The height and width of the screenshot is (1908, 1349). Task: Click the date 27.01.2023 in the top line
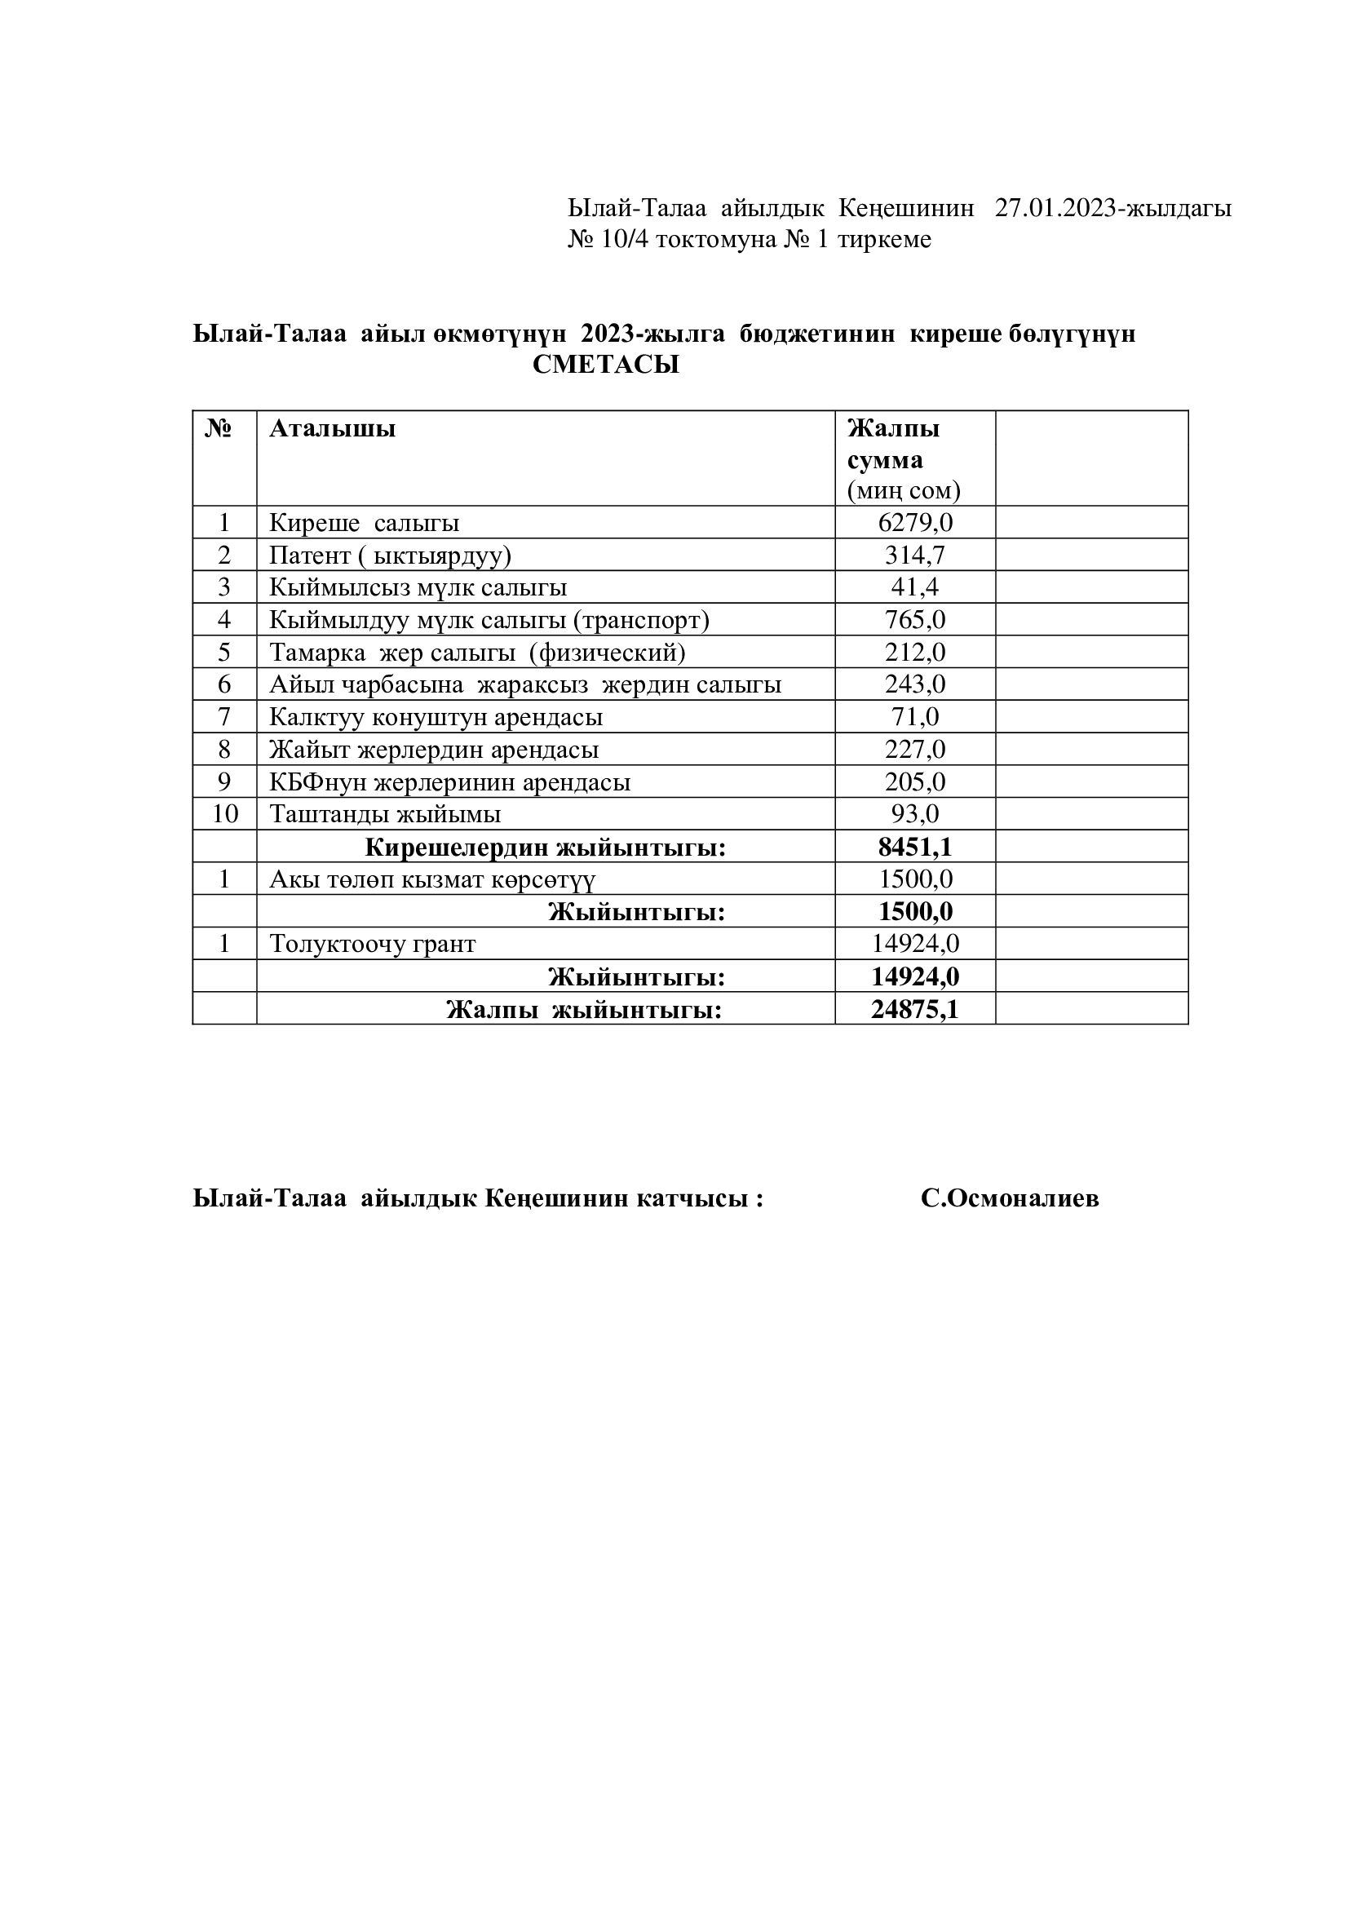click(1055, 208)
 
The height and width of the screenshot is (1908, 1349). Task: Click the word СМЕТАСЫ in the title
click(605, 365)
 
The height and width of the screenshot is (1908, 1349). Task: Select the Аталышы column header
click(332, 429)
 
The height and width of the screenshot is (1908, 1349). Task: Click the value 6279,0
click(914, 523)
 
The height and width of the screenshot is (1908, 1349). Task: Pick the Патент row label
click(390, 556)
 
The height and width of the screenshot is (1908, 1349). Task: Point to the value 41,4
click(914, 587)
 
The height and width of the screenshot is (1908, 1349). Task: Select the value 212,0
click(914, 653)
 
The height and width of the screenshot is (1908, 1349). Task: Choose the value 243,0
click(914, 684)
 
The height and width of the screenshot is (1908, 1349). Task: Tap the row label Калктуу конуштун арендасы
click(436, 717)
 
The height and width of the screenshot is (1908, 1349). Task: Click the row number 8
click(224, 750)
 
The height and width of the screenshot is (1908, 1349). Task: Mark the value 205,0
click(914, 782)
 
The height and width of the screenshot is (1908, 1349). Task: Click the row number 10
click(224, 814)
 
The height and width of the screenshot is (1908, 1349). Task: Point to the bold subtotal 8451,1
click(914, 847)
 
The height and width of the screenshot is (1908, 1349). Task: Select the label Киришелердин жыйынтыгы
click(545, 848)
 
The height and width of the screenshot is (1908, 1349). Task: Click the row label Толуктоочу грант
click(372, 944)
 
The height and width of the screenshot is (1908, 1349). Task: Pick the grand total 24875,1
click(914, 1009)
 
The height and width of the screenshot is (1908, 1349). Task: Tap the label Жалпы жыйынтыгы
click(583, 1010)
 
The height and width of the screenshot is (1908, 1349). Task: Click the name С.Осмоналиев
click(1009, 1198)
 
